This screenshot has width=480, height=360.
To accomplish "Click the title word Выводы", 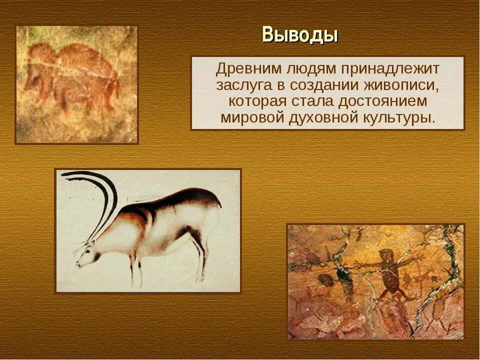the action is pos(300,34).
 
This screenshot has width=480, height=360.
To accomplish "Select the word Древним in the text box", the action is pos(248,69).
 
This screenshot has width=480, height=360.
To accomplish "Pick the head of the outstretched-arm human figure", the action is pos(386,255).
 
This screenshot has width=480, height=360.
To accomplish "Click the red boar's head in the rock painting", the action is pos(35,76).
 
